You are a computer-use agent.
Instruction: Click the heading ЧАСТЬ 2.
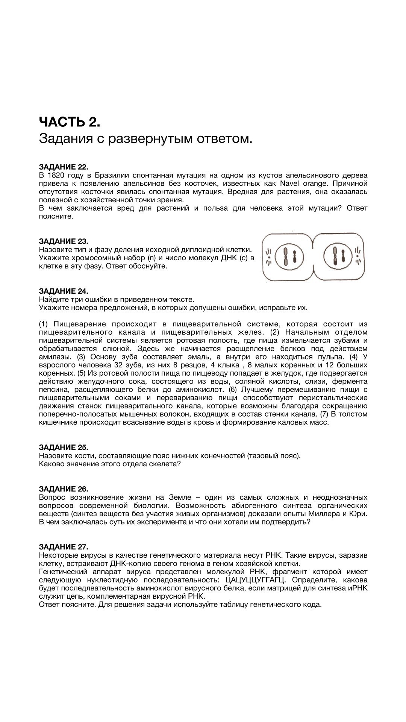point(70,122)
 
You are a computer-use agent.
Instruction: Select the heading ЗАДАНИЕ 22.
point(64,167)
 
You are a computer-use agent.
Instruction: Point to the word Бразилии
point(112,175)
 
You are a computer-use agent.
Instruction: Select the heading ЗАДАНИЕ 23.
point(64,241)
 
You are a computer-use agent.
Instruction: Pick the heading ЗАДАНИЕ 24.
point(64,291)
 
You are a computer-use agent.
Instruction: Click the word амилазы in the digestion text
point(55,357)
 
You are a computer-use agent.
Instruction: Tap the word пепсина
point(54,390)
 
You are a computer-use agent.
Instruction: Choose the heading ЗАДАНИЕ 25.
point(64,447)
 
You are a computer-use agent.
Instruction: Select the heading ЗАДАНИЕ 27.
point(64,547)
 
